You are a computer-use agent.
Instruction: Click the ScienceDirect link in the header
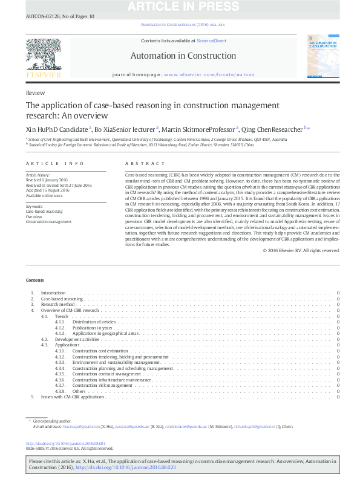coord(211,40)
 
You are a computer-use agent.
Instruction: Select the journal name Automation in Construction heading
coord(183,56)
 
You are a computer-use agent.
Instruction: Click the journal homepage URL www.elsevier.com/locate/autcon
coord(209,74)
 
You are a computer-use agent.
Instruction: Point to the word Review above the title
coord(35,94)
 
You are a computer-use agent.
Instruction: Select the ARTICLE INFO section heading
coord(55,164)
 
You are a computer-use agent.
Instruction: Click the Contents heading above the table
coord(34,281)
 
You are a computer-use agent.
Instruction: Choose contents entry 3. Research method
coord(57,305)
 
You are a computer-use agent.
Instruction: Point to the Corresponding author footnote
coord(51,420)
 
